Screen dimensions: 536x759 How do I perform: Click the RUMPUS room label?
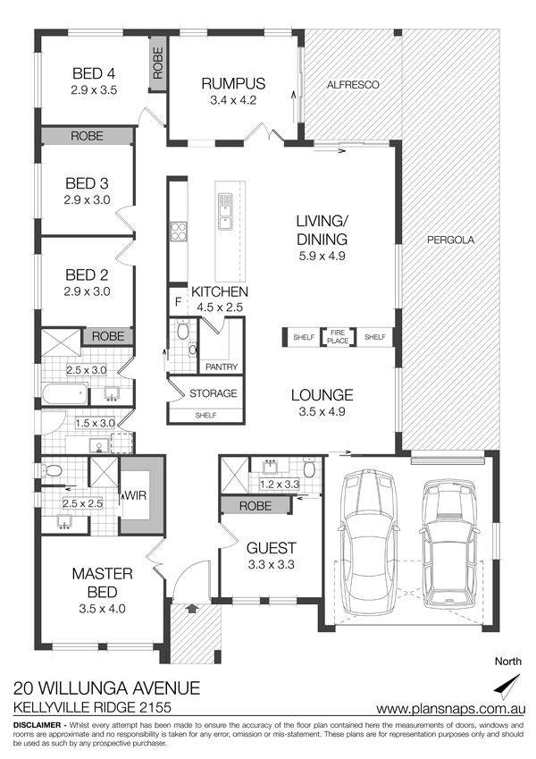(233, 83)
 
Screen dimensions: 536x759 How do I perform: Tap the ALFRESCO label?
(353, 85)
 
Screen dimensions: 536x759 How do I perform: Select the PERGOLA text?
(451, 240)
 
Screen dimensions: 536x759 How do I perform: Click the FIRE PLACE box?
(338, 336)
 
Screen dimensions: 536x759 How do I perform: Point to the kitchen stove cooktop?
(178, 231)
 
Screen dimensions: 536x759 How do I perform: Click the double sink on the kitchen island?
(225, 212)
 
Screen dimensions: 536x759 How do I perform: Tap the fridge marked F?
(178, 302)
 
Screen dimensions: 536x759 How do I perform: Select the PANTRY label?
(222, 367)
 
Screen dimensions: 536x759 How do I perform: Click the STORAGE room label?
(214, 393)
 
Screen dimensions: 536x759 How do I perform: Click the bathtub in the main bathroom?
(65, 393)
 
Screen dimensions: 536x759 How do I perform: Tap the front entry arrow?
(191, 608)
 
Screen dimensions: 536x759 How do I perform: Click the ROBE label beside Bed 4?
(158, 63)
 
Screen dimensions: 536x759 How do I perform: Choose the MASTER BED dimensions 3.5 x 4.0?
(102, 609)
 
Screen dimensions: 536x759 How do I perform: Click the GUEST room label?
(272, 548)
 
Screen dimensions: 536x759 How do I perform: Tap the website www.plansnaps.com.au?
(450, 709)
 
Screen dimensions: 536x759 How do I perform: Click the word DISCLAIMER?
(38, 725)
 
